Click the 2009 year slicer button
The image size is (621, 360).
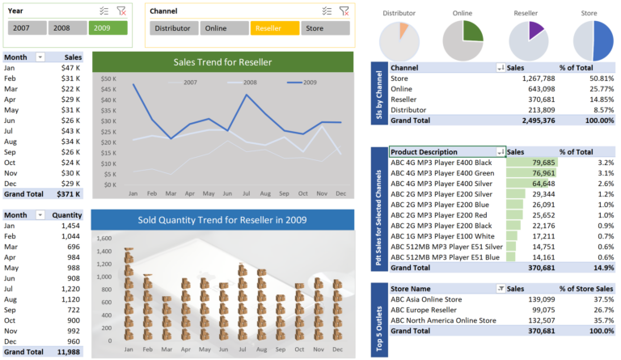pos(108,28)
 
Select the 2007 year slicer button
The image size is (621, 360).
pos(27,28)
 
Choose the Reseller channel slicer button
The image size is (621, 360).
pos(274,28)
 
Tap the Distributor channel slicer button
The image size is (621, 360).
pos(174,28)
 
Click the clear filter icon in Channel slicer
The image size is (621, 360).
pos(344,11)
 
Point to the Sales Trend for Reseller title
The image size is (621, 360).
pos(222,62)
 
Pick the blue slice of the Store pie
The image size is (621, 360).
pos(601,40)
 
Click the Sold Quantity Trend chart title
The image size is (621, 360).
pos(222,219)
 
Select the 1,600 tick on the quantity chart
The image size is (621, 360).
pos(104,239)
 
